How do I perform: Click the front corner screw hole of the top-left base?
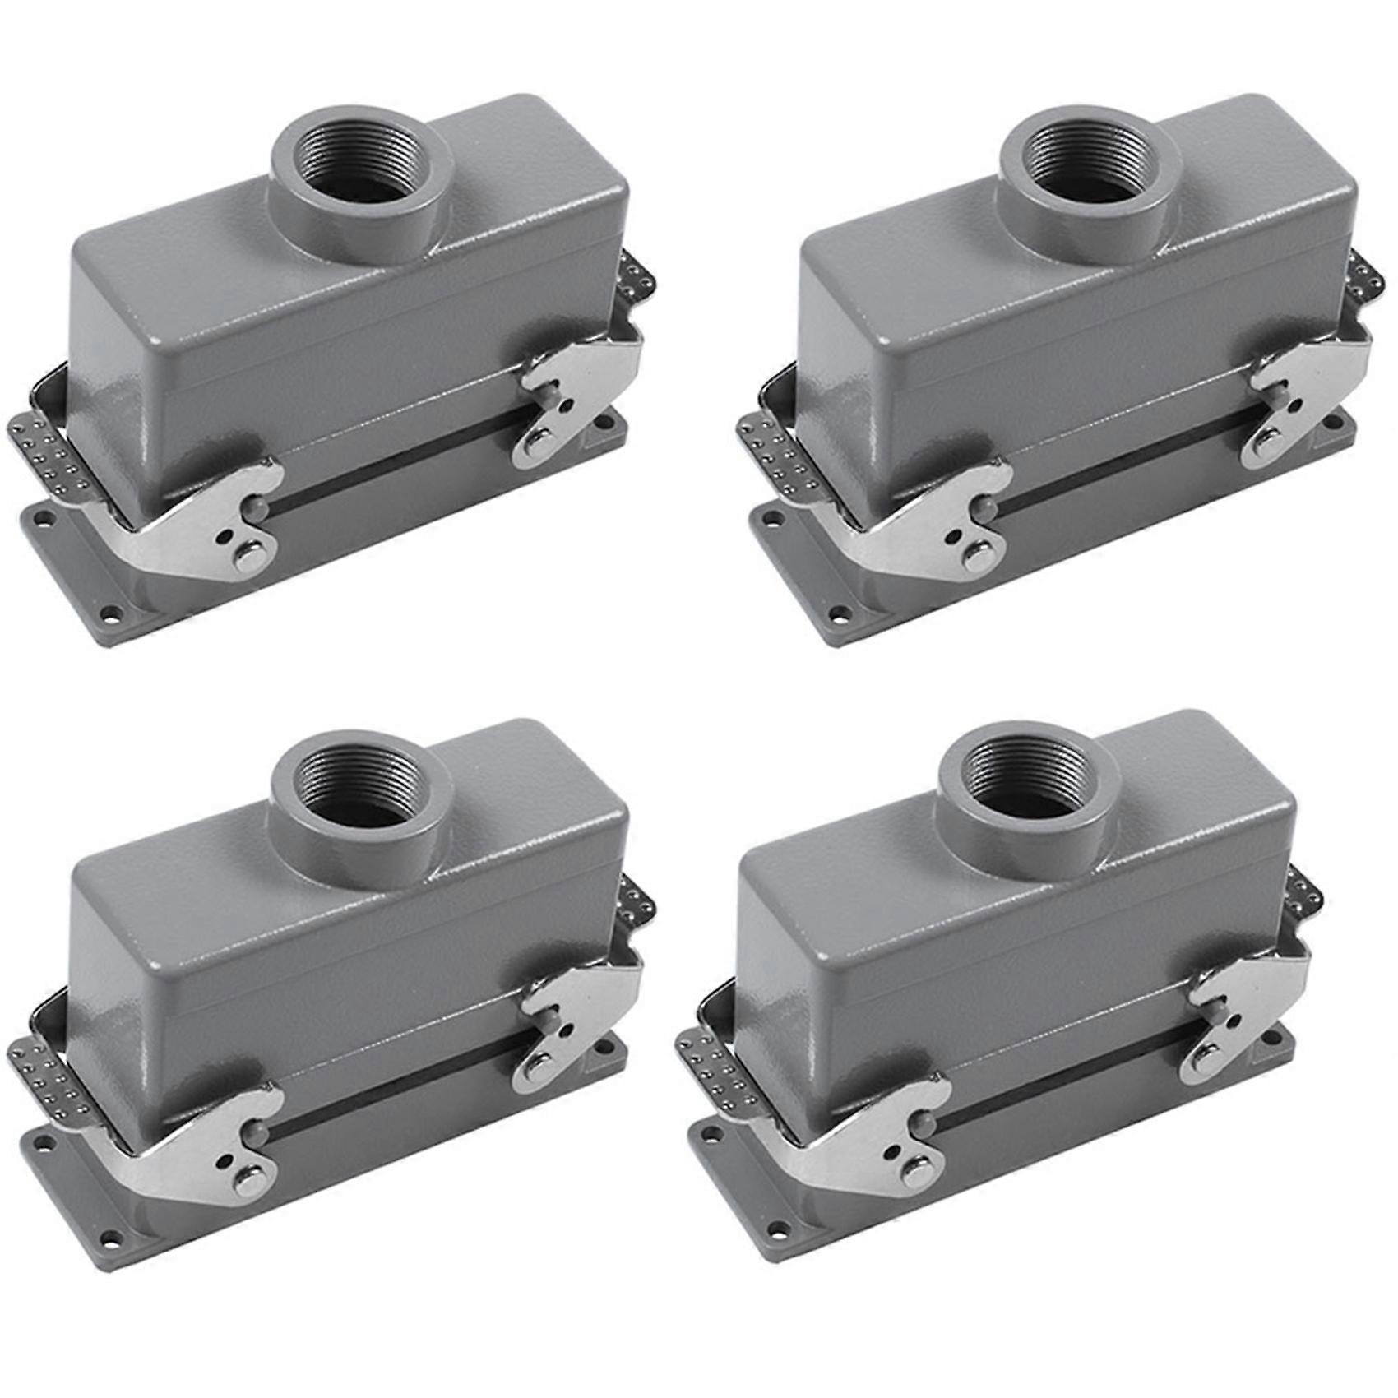pyautogui.click(x=104, y=612)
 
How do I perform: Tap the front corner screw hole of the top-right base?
pyautogui.click(x=834, y=612)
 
